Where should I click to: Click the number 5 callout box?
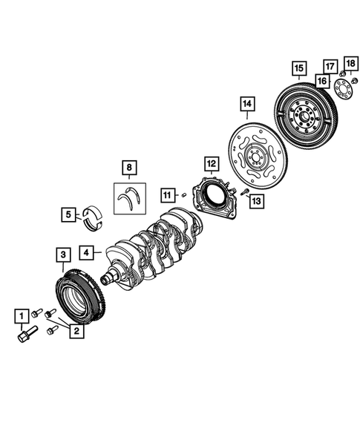68,216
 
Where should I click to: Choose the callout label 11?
168,195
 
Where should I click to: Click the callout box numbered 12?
211,162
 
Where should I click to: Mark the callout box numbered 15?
298,70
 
